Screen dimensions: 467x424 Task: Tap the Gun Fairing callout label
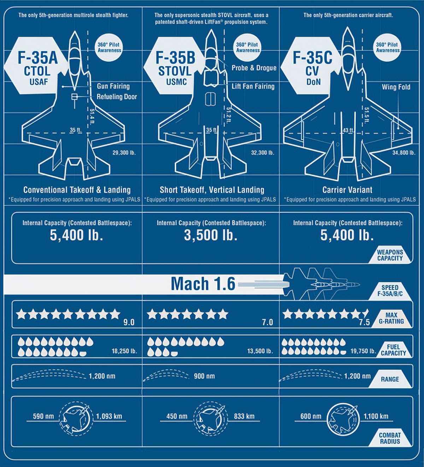point(113,86)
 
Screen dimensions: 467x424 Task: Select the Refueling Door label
point(117,97)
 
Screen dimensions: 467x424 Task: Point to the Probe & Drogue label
point(254,68)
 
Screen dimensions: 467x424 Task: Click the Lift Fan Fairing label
point(253,86)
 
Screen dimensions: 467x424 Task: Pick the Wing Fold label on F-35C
point(396,87)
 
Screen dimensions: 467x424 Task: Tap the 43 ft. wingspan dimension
point(348,130)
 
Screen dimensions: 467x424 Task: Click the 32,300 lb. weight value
point(263,153)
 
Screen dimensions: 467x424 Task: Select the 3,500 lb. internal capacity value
point(211,235)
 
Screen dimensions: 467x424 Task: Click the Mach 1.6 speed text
point(203,284)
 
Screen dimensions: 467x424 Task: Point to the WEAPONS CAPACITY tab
point(390,255)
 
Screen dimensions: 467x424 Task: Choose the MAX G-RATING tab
point(391,318)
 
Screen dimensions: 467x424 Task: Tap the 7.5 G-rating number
point(364,322)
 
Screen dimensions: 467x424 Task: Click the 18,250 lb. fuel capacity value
point(124,351)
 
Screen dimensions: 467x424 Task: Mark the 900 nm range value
point(204,376)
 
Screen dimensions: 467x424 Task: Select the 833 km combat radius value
point(244,416)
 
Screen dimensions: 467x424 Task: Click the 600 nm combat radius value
point(311,416)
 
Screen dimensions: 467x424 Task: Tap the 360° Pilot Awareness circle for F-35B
point(247,47)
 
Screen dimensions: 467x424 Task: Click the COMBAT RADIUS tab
point(390,438)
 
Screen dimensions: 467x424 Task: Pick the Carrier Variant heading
point(347,190)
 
